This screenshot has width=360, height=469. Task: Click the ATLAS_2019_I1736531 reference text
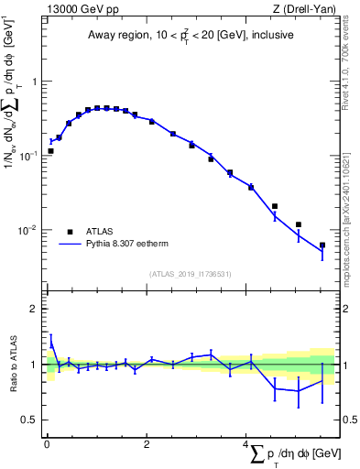pyautogui.click(x=191, y=273)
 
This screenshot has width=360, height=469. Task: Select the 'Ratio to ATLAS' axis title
pyautogui.click(x=12, y=364)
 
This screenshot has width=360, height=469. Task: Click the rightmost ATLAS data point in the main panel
pyautogui.click(x=322, y=245)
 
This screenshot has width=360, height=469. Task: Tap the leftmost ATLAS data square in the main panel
pyautogui.click(x=51, y=151)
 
